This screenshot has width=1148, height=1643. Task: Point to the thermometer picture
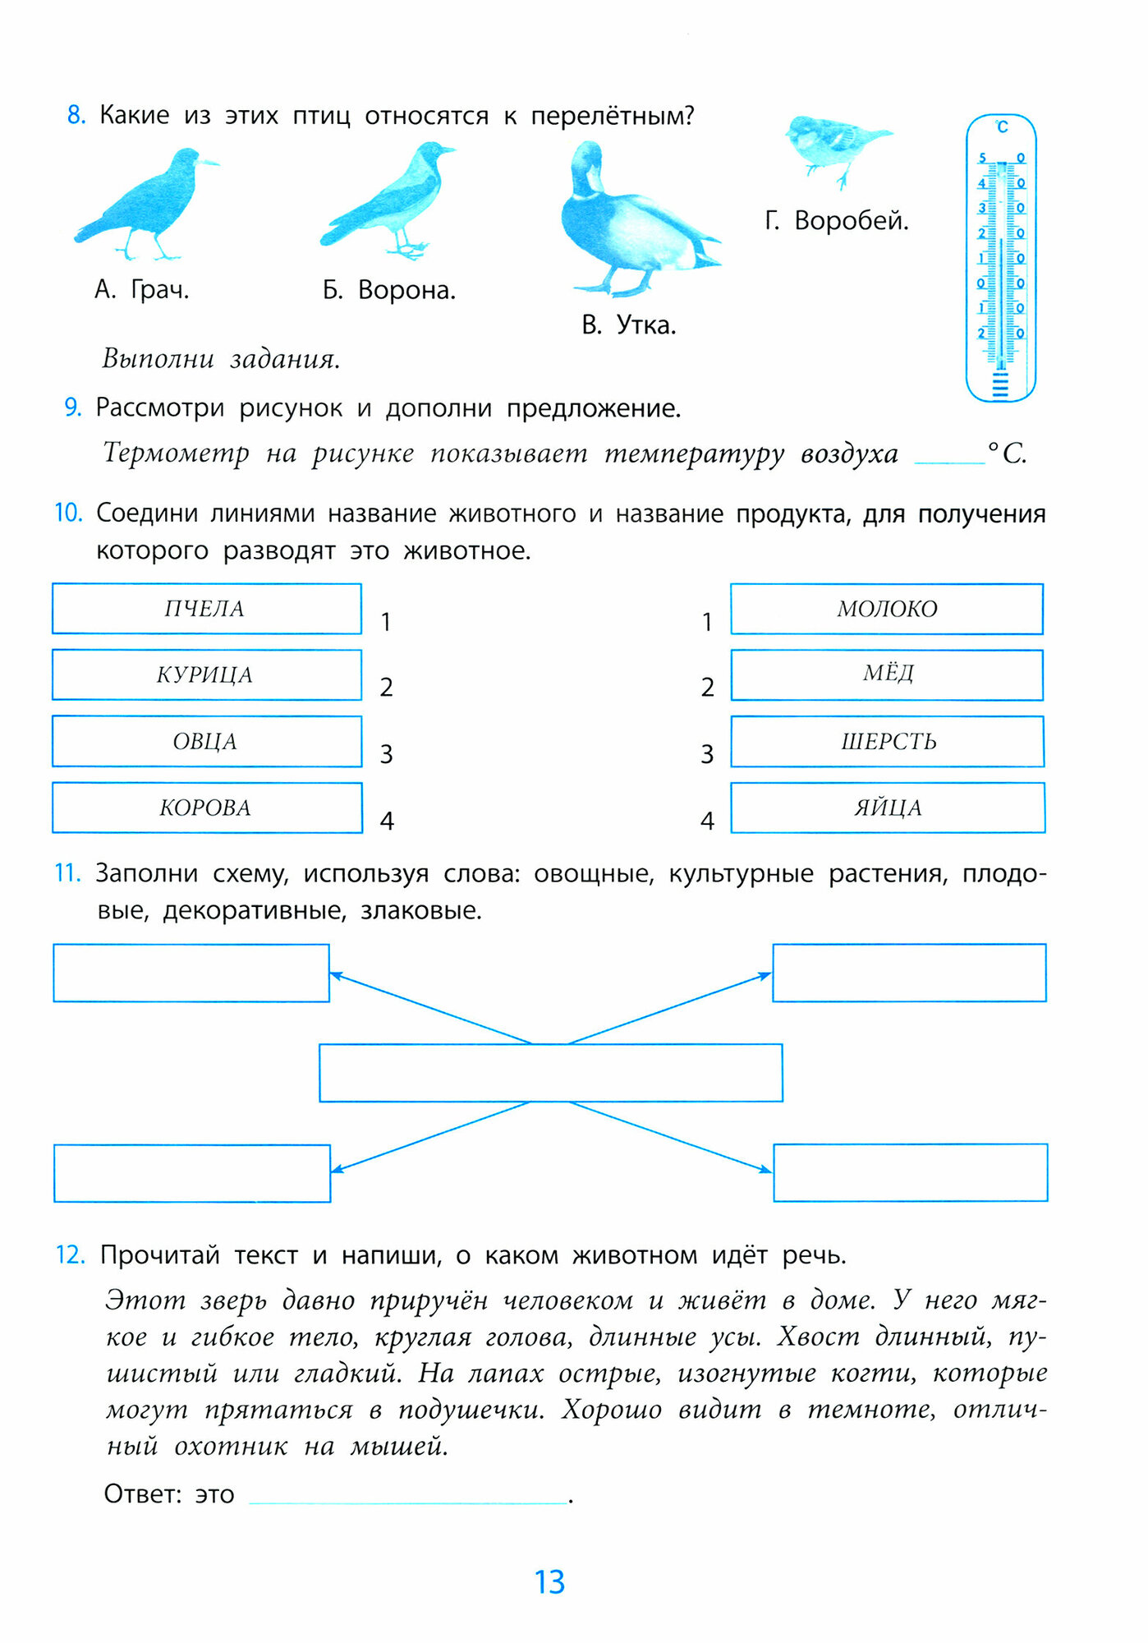pos(1001,259)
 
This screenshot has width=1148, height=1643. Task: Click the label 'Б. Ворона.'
pos(389,290)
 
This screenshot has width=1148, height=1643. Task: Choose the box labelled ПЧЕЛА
pos(206,609)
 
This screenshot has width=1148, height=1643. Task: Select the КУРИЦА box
pos(206,675)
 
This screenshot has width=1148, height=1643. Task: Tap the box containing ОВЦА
pos(206,742)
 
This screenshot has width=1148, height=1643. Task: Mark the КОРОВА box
pos(206,808)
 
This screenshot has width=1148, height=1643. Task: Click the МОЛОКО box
pos(887,609)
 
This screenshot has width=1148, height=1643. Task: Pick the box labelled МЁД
pos(887,675)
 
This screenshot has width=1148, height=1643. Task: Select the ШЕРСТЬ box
pos(887,742)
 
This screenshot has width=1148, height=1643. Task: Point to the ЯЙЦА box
pos(887,808)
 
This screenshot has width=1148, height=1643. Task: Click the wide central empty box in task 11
pos(550,1073)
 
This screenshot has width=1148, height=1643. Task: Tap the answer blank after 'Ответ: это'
pos(408,1493)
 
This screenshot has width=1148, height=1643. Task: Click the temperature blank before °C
pos(950,454)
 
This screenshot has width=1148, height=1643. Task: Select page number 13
pos(549,1582)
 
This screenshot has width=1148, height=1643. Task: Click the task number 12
pos(70,1255)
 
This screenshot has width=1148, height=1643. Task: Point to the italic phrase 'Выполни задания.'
pos(221,359)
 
